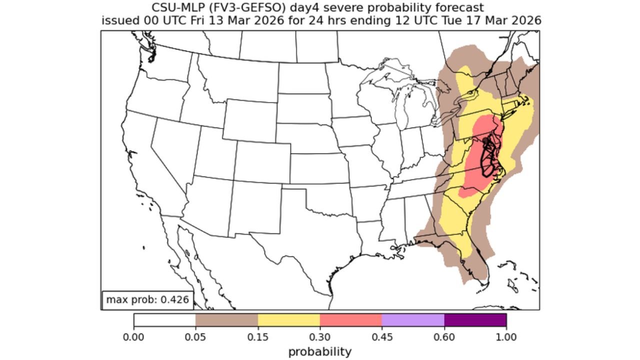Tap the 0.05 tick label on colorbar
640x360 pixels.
pos(195,337)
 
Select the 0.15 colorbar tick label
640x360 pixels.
pos(257,337)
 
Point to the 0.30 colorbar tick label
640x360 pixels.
pos(320,337)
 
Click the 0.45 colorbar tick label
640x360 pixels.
pos(382,337)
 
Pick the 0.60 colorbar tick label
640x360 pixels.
pos(444,337)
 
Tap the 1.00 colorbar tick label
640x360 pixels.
pos(506,337)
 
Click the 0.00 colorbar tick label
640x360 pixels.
pos(133,337)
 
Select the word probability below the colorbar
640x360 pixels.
pos(320,351)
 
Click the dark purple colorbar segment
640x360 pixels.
pos(475,319)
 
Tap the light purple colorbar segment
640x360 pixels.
pos(413,319)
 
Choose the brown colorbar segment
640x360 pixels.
pos(226,319)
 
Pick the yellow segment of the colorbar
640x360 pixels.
pos(288,319)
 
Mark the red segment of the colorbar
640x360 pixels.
pos(351,319)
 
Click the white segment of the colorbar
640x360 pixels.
pos(164,319)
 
